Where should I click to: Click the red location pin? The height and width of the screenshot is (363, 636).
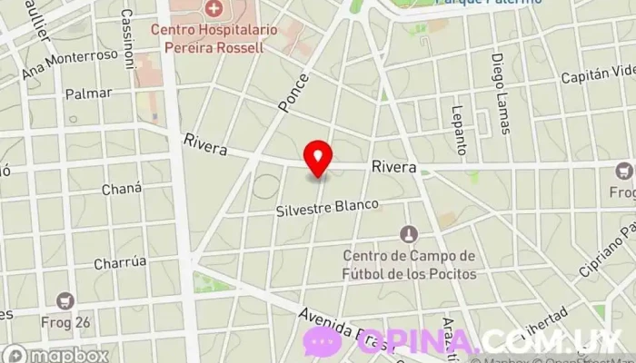tap(318, 158)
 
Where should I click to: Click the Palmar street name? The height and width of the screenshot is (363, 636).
tap(89, 93)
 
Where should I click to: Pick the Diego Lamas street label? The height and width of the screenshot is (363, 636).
tap(499, 83)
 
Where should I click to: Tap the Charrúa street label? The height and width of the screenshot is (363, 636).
tap(121, 262)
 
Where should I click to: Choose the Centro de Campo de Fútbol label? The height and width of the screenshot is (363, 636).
tap(409, 264)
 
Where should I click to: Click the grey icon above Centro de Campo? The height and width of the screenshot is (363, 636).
tap(409, 234)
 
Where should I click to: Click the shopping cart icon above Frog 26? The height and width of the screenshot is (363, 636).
tap(65, 299)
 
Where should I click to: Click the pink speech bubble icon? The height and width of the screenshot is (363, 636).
tap(322, 342)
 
